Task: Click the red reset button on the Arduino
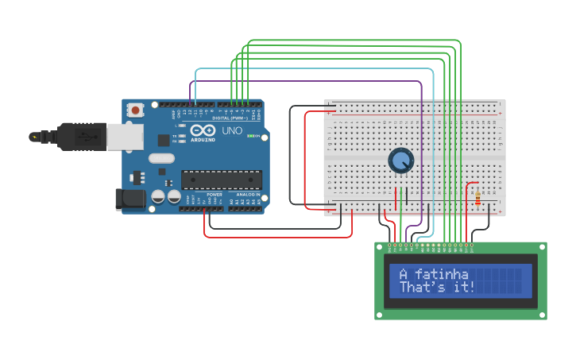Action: (x=136, y=110)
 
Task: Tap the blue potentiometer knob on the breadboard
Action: (x=401, y=161)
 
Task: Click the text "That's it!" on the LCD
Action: (x=437, y=287)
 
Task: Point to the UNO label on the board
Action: (x=232, y=130)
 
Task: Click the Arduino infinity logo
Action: (x=202, y=131)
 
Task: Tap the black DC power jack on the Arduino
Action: (x=130, y=199)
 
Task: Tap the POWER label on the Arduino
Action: (x=215, y=195)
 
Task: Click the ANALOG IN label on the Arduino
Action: (x=246, y=195)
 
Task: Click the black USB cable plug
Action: (x=79, y=137)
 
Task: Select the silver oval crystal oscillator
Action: (x=161, y=158)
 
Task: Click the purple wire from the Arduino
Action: (x=302, y=81)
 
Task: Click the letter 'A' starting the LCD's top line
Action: (x=404, y=273)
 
